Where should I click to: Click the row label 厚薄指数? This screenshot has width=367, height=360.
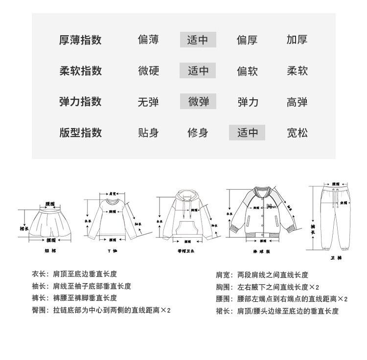(x=80, y=40)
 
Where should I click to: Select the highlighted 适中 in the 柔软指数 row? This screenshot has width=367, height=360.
(x=198, y=71)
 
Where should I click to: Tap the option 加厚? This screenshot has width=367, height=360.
(x=297, y=40)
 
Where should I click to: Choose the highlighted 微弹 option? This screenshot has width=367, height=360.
(x=198, y=102)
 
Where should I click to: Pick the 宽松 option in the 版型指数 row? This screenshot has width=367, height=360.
(x=297, y=133)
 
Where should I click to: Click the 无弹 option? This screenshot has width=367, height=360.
(x=148, y=102)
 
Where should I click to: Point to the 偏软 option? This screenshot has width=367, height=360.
(x=247, y=71)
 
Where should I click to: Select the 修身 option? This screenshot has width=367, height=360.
(x=198, y=133)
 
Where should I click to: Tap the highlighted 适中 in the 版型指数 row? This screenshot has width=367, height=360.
(x=247, y=133)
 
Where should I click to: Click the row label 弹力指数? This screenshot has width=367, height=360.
(x=80, y=102)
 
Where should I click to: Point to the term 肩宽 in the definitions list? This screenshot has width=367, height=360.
(x=223, y=275)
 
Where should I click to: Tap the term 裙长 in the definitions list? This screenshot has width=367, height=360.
(x=223, y=311)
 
